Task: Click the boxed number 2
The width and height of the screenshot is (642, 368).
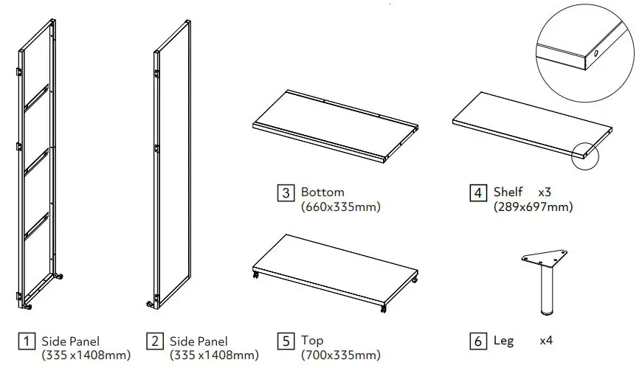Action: point(156,341)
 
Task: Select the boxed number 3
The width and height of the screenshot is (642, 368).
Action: point(286,193)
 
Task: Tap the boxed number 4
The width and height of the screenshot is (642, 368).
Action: point(478,193)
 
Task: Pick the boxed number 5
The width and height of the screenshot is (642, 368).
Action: point(286,341)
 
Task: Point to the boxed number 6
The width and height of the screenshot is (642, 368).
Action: point(478,341)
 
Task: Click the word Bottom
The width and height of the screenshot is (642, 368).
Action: point(322,193)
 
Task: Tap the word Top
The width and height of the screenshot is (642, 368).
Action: point(312,341)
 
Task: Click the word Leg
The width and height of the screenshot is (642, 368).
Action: point(503,341)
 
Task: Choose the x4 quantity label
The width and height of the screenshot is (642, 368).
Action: point(546,341)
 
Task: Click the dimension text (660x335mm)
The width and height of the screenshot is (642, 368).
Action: point(341,207)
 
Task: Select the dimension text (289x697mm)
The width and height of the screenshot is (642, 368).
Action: point(533,207)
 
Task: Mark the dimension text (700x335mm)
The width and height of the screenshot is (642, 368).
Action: point(341,355)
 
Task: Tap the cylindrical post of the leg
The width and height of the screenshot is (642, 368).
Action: point(547,289)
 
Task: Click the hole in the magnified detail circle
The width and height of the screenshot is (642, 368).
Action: point(596,53)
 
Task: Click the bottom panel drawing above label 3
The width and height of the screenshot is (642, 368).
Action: point(332,125)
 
